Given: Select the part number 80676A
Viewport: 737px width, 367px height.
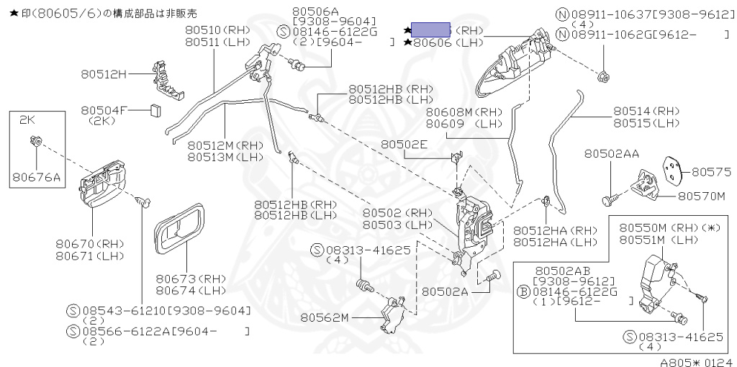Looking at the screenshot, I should tap(34, 176).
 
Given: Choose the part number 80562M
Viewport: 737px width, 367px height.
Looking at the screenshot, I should tap(325, 317).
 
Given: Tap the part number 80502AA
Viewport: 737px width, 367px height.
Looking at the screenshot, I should tap(612, 153).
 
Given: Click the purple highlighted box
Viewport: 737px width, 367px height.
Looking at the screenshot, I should tap(431, 30).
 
